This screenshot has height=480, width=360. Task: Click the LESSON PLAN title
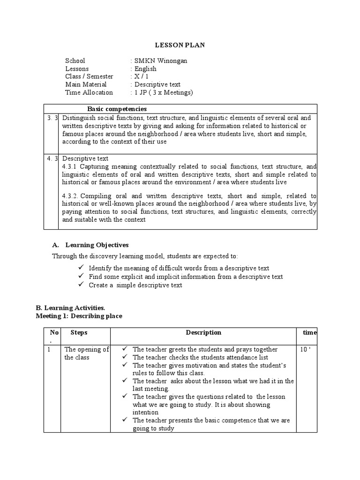pos(180,45)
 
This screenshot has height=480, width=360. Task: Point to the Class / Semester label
pos(89,77)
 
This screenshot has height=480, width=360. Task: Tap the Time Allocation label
pos(89,93)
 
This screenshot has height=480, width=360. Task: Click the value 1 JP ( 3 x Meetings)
pos(164,93)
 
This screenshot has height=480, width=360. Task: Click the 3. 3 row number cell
pos(51,118)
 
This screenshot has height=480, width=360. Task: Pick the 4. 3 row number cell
pos(51,158)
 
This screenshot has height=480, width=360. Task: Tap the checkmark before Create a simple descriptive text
pos(81,285)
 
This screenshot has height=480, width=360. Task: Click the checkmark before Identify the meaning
pos(81,268)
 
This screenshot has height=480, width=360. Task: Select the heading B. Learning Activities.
pos(70,308)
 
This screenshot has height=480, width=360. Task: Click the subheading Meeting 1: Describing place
pos(79,316)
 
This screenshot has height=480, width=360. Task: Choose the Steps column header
pos(79,332)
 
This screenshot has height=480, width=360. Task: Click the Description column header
pos(203,332)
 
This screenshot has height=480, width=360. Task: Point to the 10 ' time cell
pos(306,349)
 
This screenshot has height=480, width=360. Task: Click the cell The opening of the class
pos(86,353)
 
